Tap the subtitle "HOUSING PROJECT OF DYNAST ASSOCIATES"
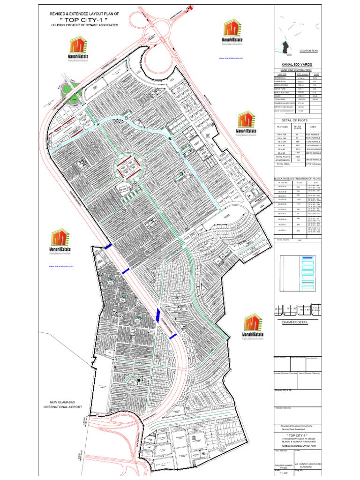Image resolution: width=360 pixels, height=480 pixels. tap(85, 25)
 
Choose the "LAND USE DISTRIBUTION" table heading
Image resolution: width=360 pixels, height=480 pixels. tap(296, 70)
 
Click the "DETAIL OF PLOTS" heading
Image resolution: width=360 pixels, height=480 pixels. tap(296, 120)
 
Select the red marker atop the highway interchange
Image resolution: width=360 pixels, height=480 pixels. tap(190, 7)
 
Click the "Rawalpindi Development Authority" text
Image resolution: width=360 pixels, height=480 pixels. tap(296, 426)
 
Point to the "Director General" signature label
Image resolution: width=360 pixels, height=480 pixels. tap(284, 408)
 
